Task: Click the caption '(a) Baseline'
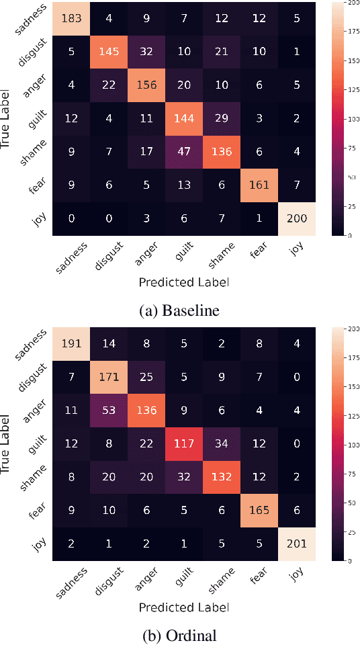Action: [179, 310]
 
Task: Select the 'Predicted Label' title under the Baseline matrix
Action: [184, 282]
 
